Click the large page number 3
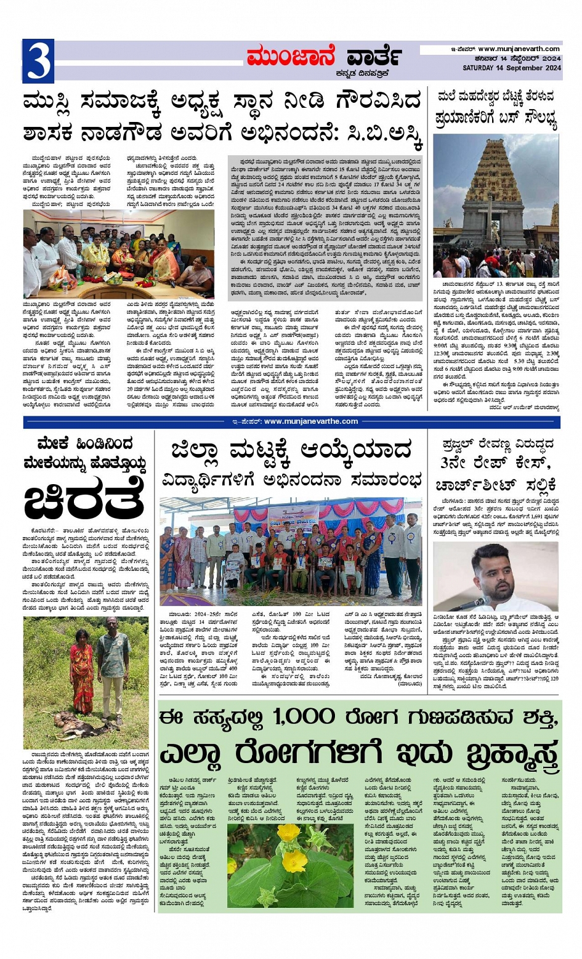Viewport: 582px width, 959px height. pyautogui.click(x=38, y=61)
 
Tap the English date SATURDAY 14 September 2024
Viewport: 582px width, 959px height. pyautogui.click(x=512, y=68)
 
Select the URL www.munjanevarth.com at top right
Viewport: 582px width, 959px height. pyautogui.click(x=519, y=49)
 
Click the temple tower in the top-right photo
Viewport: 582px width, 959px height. pyautogui.click(x=496, y=185)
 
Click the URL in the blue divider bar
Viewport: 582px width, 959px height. pyautogui.click(x=310, y=421)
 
